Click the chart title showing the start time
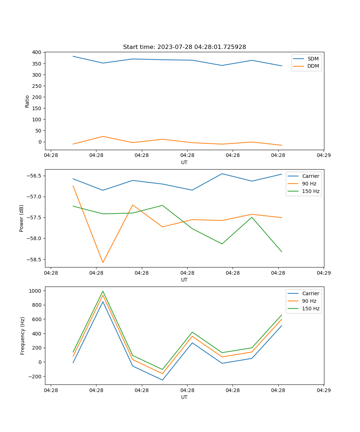tap(184, 47)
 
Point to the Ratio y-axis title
tap(27, 101)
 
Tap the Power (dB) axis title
tap(22, 218)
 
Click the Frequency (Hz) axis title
tap(23, 336)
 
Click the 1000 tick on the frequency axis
tap(36, 291)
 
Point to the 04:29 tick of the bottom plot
tap(323, 390)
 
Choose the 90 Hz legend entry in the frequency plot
tap(309, 301)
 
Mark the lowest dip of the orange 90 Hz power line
tap(103, 262)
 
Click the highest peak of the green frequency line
tap(103, 291)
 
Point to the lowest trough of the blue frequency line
tap(162, 380)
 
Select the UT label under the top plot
tap(184, 162)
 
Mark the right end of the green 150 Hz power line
tap(282, 252)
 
